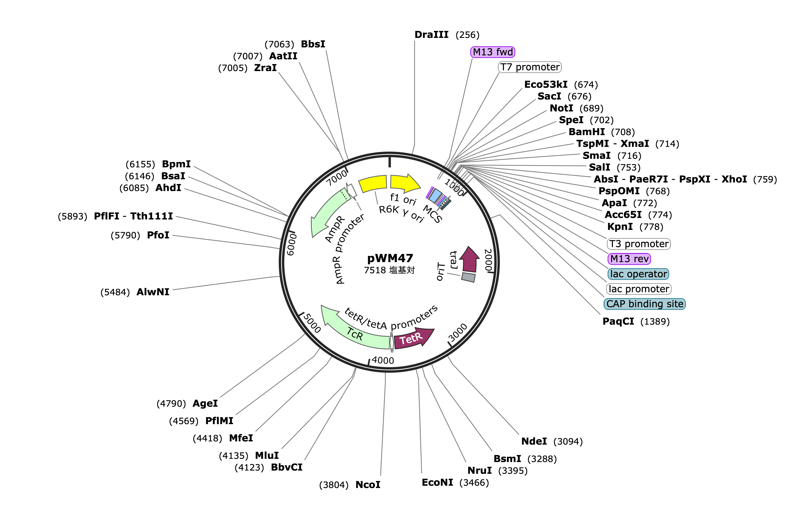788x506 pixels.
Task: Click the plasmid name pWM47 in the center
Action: pos(390,258)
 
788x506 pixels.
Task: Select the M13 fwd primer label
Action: pos(493,52)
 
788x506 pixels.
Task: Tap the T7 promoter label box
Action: pos(530,67)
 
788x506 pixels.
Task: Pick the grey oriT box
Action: pos(468,277)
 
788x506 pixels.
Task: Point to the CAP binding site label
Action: pos(645,304)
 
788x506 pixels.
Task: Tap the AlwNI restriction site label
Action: pos(153,292)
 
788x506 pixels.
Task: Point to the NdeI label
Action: pos(534,441)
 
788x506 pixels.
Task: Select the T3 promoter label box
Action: pos(638,244)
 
